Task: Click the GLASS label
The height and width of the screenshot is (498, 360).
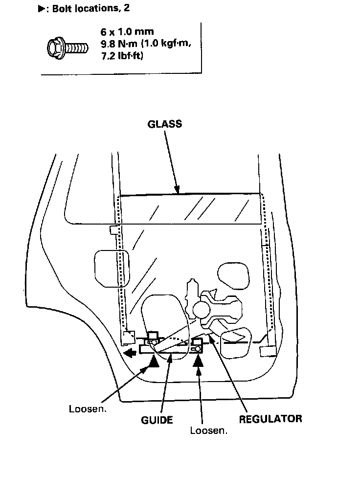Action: pos(164,124)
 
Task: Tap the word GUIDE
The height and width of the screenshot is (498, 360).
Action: pos(157,420)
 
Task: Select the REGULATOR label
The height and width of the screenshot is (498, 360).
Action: pos(270,419)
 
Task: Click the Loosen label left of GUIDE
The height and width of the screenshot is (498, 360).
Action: pos(88,409)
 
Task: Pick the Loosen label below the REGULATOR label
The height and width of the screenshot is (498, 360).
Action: pos(209,431)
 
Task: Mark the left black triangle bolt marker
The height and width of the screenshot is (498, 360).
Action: pos(154,361)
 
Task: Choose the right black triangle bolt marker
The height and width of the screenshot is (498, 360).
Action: pos(199,361)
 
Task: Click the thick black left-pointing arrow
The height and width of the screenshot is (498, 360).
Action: pos(130,353)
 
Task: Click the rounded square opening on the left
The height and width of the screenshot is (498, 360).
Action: pos(112,267)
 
